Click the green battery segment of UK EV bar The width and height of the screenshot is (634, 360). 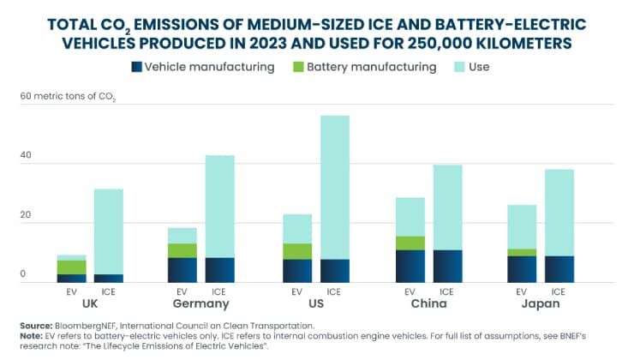(x=72, y=267)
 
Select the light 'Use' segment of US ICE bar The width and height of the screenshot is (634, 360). (x=335, y=188)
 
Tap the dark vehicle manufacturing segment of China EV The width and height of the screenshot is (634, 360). (x=410, y=267)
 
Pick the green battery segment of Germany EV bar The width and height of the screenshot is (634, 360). (x=182, y=251)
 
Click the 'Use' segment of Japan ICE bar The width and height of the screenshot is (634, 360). (x=559, y=213)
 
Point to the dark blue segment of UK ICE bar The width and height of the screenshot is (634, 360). (x=109, y=279)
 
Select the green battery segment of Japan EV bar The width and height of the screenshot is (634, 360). (x=522, y=252)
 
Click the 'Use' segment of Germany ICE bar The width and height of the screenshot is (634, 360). (x=220, y=207)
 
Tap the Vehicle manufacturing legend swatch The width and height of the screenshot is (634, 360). (x=137, y=67)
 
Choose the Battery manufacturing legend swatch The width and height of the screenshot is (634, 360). (x=298, y=67)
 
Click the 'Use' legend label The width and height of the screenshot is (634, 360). (x=479, y=67)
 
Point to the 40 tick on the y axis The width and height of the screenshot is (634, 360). (x=26, y=155)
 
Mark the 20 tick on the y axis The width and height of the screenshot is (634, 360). (x=26, y=215)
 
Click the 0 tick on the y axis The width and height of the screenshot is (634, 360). (x=23, y=273)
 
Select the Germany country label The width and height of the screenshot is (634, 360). (x=201, y=303)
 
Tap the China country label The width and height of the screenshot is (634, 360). (x=429, y=303)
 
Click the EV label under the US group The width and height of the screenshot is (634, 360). (x=296, y=291)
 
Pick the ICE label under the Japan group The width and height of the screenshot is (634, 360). (x=559, y=291)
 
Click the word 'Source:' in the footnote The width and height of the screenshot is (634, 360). (x=36, y=326)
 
